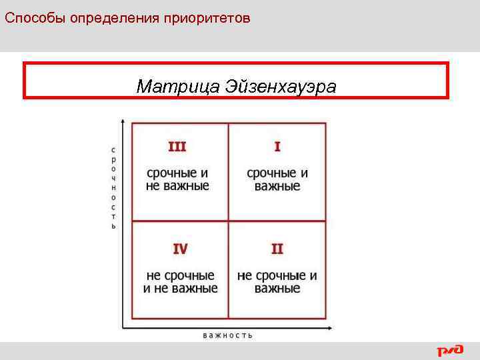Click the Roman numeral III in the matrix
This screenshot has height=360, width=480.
pos(177,147)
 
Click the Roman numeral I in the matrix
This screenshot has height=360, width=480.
pos(277,147)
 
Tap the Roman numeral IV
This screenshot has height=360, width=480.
pos(180,249)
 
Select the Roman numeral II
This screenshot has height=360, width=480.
pos(277,249)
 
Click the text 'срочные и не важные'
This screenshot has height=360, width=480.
pos(177,179)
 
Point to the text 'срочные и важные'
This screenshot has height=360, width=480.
pos(277,179)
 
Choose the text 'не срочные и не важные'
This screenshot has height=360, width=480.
pos(180,282)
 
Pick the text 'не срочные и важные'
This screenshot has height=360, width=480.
pos(277,282)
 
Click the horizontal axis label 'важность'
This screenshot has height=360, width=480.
pos(228,335)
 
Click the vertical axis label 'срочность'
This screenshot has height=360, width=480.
pos(113,188)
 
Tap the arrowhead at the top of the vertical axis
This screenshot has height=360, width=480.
pos(122,121)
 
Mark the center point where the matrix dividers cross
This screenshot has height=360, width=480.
pos(229,221)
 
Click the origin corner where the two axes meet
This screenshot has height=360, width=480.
pos(122,327)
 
